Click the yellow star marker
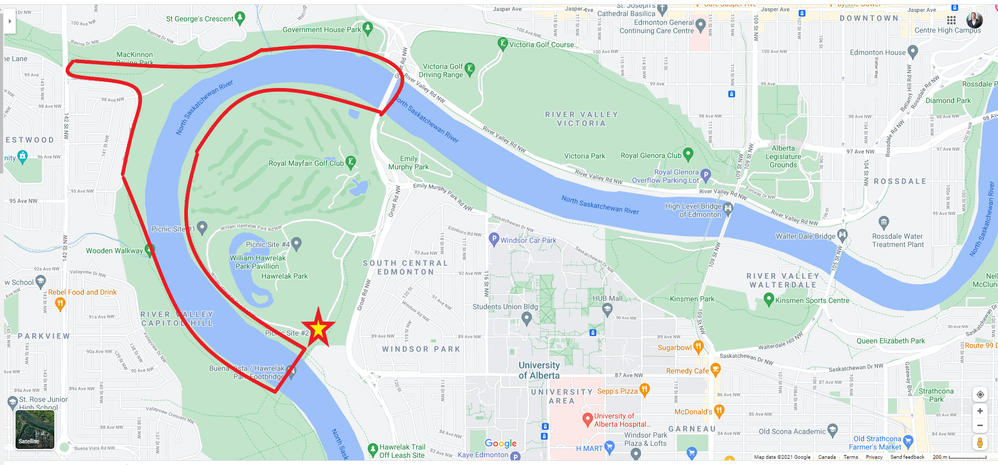pos(318,328)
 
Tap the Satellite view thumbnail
pos(35,429)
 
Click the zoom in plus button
pos(980,411)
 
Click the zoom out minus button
pos(980,426)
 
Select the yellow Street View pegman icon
pos(980,443)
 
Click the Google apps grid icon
pos(951,20)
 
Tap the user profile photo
pos(974,20)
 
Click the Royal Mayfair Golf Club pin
pos(350,162)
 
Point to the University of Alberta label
pos(539,370)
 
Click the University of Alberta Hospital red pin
pos(588,418)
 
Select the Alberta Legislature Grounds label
pos(783,156)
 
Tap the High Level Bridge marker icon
pos(728,208)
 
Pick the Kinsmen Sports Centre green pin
pos(769,299)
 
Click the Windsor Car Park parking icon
pos(494,239)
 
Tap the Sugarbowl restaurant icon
pos(698,346)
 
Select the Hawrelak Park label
pos(284,276)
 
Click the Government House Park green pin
pos(368,28)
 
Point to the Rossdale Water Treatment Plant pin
pos(884,223)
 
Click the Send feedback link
pos(907,457)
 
